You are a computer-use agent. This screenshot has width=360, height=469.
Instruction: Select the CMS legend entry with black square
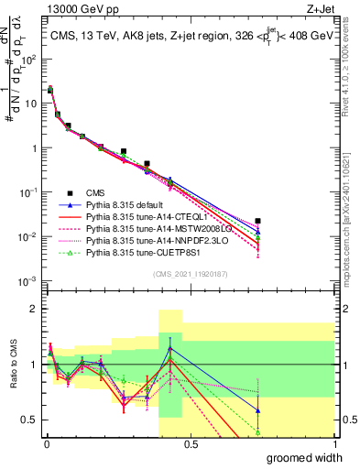tap(98, 192)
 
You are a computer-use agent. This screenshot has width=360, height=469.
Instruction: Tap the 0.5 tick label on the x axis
tap(190, 443)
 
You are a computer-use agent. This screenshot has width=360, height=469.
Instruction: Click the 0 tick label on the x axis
tap(45, 443)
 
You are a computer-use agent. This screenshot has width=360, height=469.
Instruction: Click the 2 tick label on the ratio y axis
tap(35, 308)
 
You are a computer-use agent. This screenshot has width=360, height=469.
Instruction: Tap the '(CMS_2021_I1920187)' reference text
tap(190, 274)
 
